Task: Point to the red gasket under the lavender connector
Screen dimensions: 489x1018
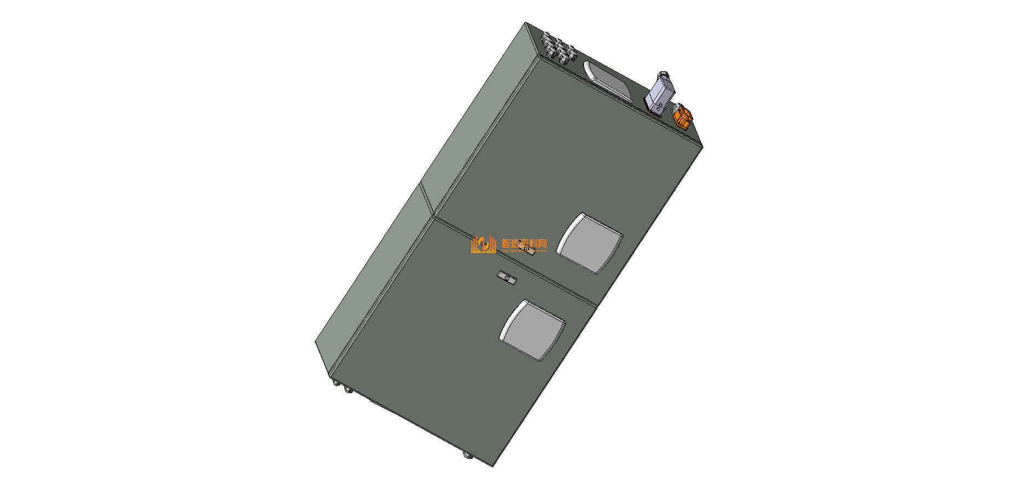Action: click(655, 112)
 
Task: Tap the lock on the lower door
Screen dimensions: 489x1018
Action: click(507, 278)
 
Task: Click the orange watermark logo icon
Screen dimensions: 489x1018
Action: click(483, 244)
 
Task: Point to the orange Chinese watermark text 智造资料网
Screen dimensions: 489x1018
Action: click(524, 243)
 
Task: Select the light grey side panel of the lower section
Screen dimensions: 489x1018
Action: click(372, 274)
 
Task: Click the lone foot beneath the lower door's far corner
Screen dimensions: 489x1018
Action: click(467, 455)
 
